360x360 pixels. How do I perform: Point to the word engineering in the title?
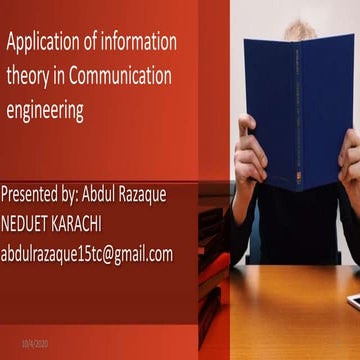pyautogui.click(x=46, y=110)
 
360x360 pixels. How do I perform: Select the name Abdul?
pyautogui.click(x=117, y=195)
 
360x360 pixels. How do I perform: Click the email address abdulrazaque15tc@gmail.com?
pyautogui.click(x=87, y=254)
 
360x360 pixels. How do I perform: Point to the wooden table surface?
pyautogui.click(x=290, y=310)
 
